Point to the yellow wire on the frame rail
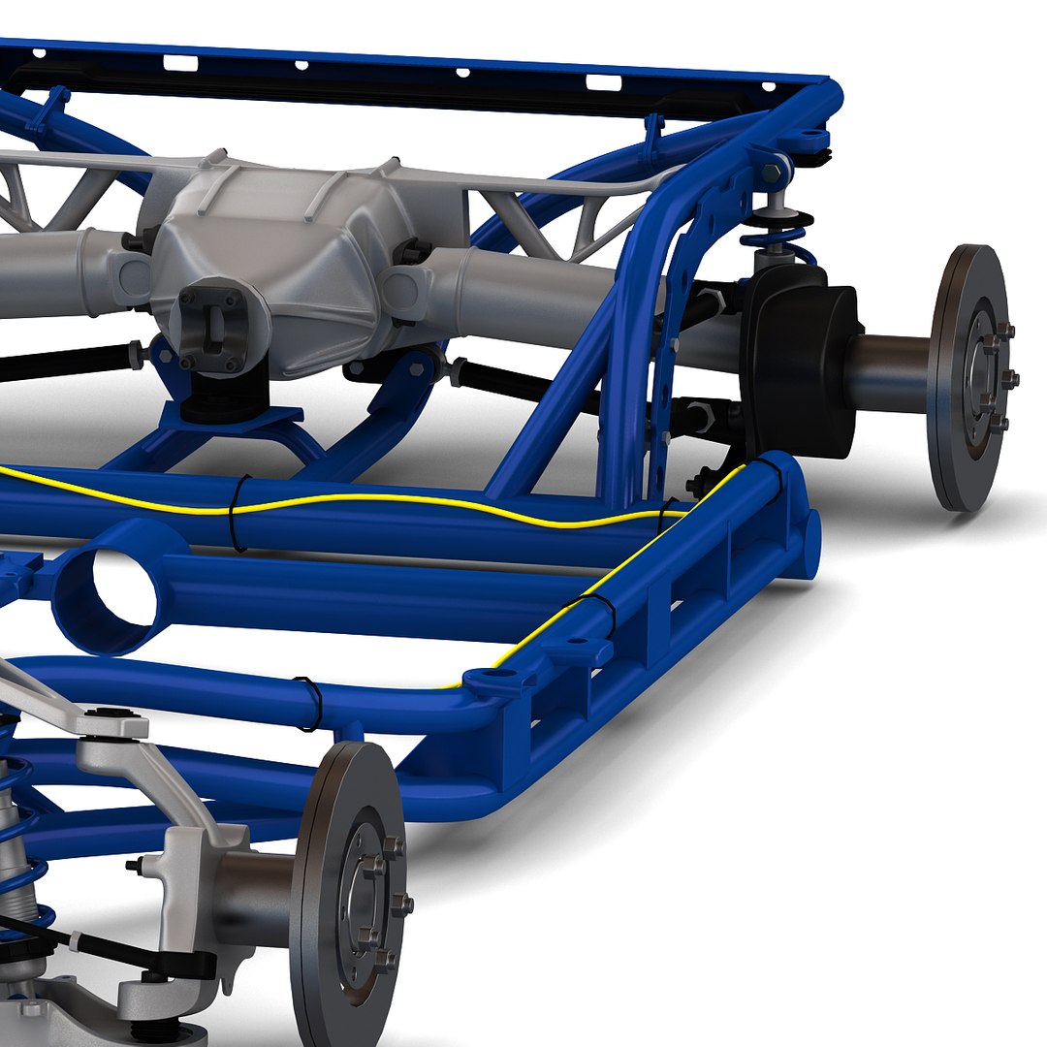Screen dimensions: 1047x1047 [x=388, y=500]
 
